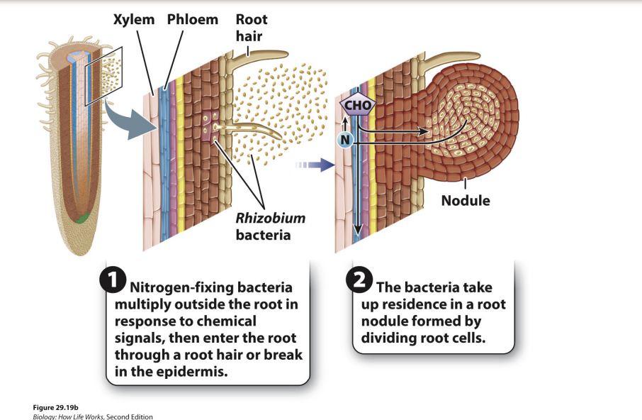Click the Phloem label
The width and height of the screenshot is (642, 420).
(x=192, y=19)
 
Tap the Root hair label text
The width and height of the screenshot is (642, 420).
(x=252, y=26)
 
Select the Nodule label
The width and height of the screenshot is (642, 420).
(x=465, y=200)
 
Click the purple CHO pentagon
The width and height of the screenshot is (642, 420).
(x=357, y=106)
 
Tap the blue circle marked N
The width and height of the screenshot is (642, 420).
(x=344, y=140)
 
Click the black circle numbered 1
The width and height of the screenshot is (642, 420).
(x=113, y=280)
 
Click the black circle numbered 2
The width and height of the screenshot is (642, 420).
(x=359, y=280)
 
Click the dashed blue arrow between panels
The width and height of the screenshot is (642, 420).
(x=315, y=165)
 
